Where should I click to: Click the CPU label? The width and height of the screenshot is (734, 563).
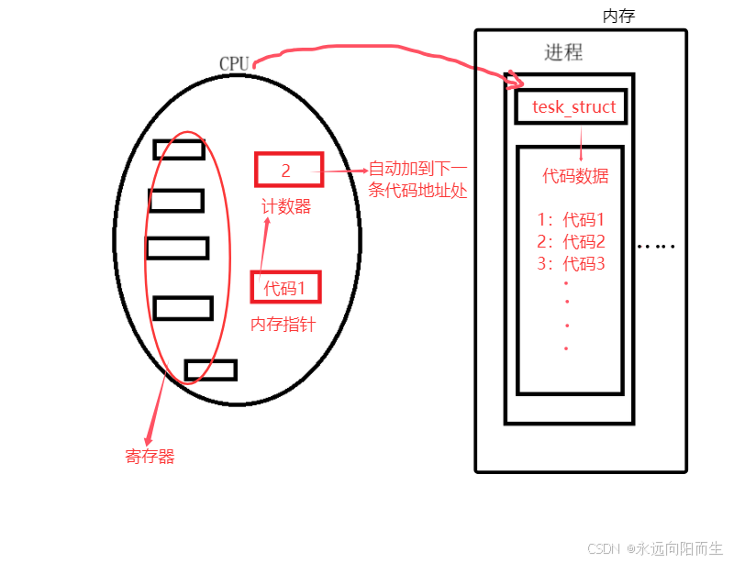(x=233, y=63)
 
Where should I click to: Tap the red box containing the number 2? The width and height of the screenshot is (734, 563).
(x=289, y=171)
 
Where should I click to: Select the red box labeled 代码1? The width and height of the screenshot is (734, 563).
(x=286, y=287)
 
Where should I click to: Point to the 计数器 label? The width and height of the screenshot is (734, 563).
(x=286, y=207)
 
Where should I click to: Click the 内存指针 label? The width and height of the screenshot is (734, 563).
(x=284, y=324)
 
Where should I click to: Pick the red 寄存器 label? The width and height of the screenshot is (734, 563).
(x=150, y=456)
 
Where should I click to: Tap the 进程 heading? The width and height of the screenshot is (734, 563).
(x=563, y=52)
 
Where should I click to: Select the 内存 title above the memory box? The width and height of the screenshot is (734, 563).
(x=618, y=16)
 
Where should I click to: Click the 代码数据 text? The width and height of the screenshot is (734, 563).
(x=575, y=175)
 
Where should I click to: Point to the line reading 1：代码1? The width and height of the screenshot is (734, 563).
(x=571, y=220)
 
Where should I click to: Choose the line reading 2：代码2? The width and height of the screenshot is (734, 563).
(x=571, y=242)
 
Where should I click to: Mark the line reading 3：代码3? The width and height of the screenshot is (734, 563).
(x=571, y=264)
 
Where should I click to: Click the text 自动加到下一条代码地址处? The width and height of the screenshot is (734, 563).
(x=418, y=180)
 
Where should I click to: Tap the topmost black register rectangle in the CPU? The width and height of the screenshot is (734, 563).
(x=179, y=149)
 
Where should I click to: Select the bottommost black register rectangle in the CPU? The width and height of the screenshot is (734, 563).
(x=210, y=370)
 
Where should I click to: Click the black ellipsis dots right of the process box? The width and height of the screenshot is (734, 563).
(x=656, y=246)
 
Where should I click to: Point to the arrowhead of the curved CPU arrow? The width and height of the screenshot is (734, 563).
(x=510, y=83)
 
